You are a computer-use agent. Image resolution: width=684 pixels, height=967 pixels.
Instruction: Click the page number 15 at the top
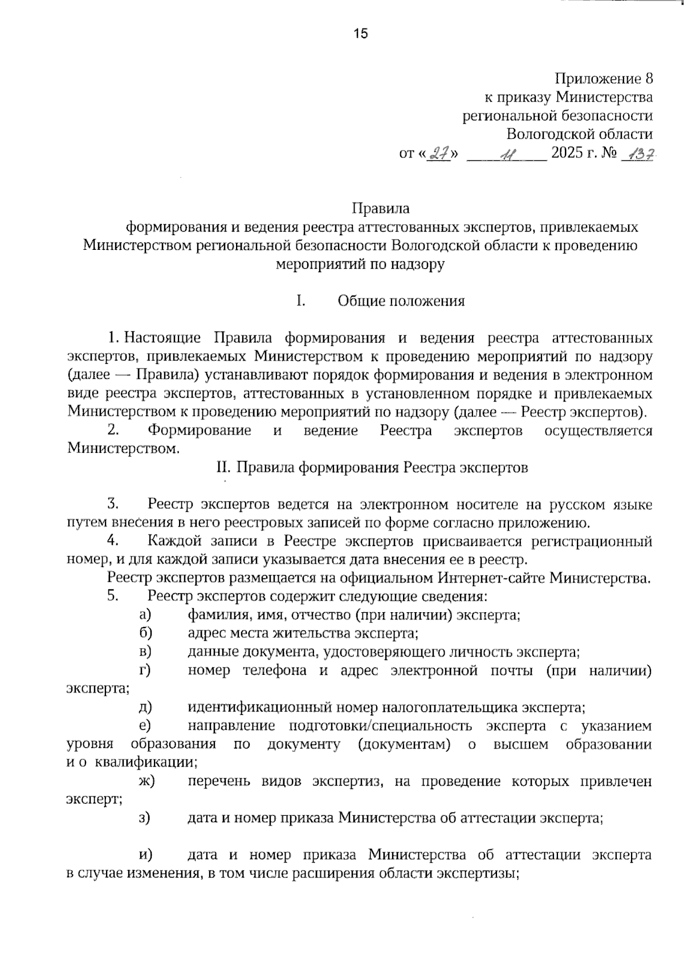pyautogui.click(x=361, y=33)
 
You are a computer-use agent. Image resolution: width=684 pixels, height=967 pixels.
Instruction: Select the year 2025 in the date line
pyautogui.click(x=572, y=153)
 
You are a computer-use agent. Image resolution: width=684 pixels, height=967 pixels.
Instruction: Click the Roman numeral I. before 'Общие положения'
pyautogui.click(x=301, y=301)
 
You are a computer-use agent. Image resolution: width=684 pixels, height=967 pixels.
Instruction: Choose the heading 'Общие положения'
pyautogui.click(x=401, y=301)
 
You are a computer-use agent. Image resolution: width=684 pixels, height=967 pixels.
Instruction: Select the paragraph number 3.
pyautogui.click(x=112, y=504)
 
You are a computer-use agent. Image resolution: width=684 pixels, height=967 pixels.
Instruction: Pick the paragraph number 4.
pyautogui.click(x=112, y=540)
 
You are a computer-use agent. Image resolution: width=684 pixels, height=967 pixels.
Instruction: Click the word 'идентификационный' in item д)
pyautogui.click(x=260, y=708)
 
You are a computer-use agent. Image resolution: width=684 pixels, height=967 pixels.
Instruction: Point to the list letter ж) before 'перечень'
pyautogui.click(x=146, y=782)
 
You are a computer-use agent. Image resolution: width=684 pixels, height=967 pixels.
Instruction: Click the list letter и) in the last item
pyautogui.click(x=145, y=855)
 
